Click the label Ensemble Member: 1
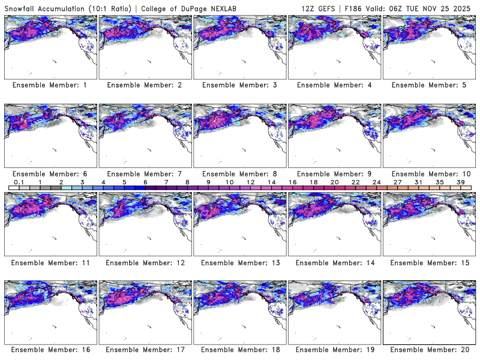(50, 85)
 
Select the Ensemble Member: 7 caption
(145, 174)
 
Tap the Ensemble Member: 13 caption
(239, 262)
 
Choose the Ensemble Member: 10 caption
(428, 174)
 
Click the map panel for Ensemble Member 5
(428, 47)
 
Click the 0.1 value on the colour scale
(19, 182)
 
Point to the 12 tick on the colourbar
(250, 182)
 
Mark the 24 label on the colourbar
(376, 182)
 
